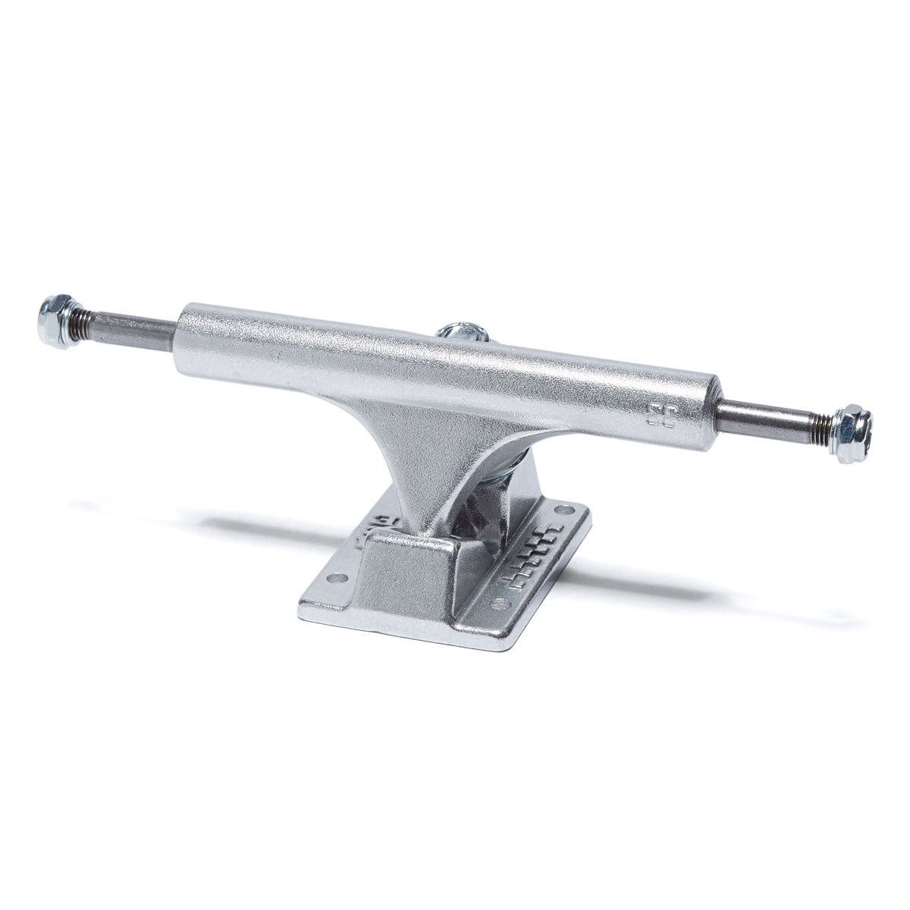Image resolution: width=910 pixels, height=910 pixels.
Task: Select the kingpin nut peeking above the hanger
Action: pos(460,331)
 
